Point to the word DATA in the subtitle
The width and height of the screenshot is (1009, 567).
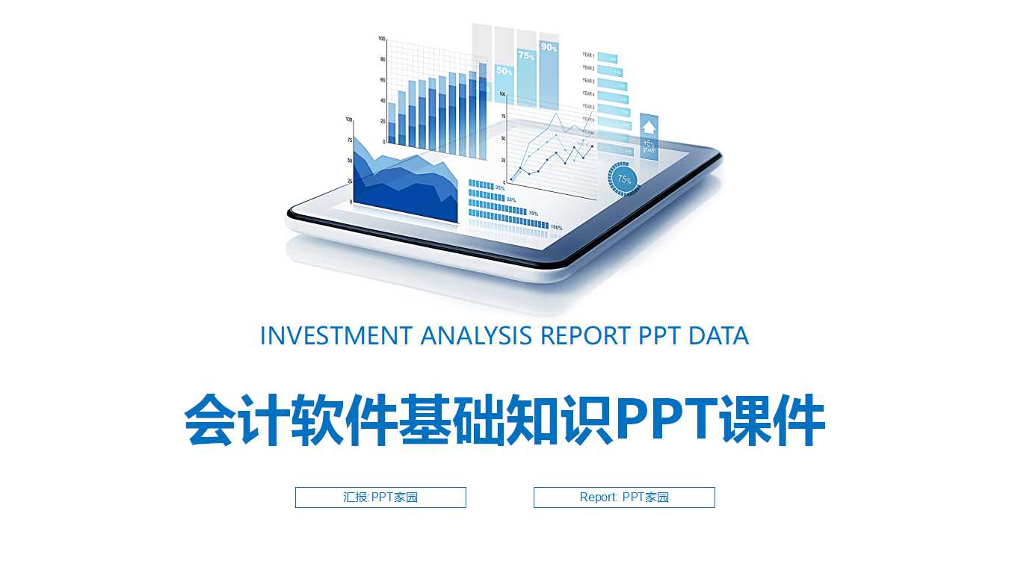(718, 336)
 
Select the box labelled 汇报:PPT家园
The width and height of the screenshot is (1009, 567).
(380, 498)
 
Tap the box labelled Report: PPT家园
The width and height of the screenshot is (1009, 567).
(624, 498)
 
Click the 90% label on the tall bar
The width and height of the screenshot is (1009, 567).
(549, 47)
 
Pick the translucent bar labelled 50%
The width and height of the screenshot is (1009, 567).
(504, 71)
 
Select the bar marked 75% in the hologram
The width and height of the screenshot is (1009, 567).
(526, 55)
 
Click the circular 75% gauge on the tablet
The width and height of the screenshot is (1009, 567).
(624, 179)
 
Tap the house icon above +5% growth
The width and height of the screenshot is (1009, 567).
(649, 126)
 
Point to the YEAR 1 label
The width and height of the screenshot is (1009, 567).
(589, 55)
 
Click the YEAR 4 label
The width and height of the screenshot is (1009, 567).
(589, 94)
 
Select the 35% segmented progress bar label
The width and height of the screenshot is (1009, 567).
(500, 187)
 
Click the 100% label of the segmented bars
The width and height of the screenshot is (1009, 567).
(556, 227)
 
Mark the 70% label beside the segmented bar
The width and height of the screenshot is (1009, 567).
(533, 214)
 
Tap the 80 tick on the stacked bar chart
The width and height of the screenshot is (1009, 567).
(383, 59)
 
